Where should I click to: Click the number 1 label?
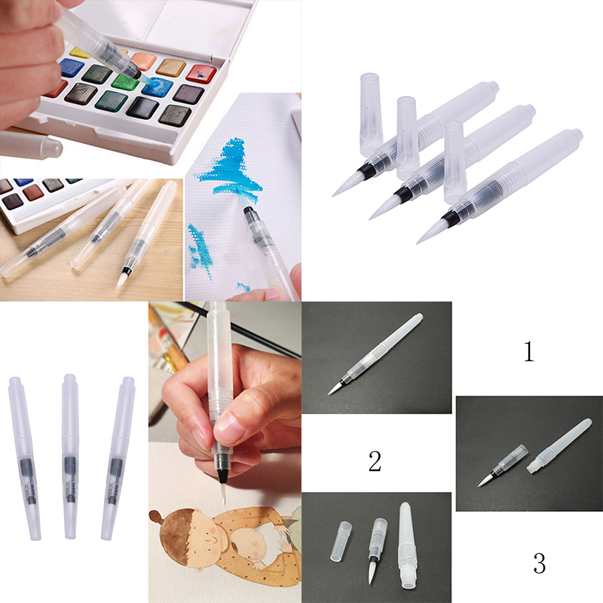[529, 351]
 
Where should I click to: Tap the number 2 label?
[375, 461]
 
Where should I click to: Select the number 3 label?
[540, 563]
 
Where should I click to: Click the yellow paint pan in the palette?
[81, 53]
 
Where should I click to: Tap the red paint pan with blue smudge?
[200, 74]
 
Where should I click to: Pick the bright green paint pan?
[126, 81]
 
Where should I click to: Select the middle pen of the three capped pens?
[70, 457]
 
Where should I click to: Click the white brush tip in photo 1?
[333, 388]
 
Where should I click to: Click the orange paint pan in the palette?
[143, 62]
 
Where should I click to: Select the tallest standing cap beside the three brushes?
[371, 115]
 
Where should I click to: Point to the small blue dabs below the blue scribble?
[200, 250]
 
